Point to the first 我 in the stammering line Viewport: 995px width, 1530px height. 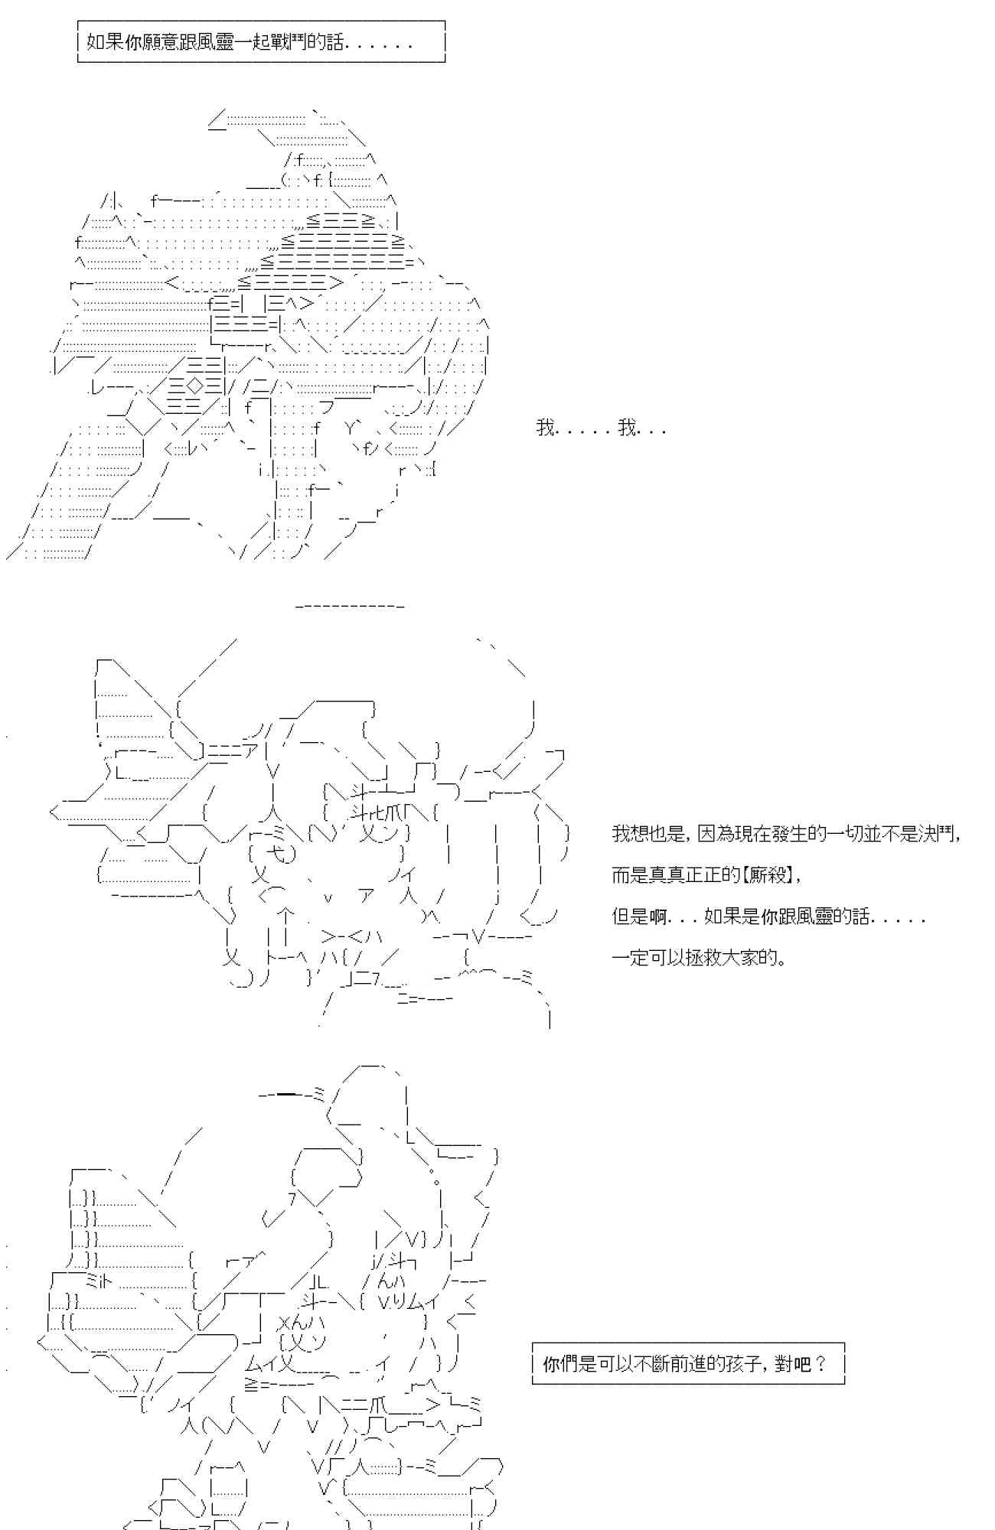[545, 428]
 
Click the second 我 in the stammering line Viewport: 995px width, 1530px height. [627, 428]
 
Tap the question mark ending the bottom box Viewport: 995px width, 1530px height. [821, 1364]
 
